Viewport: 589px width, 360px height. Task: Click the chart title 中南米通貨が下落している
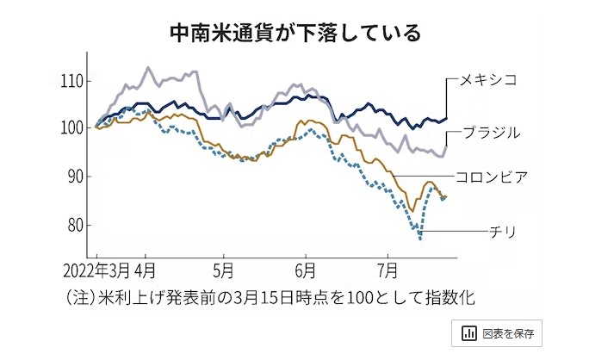(294, 33)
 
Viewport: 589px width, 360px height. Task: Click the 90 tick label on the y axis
(73, 177)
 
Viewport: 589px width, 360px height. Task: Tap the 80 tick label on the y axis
(73, 226)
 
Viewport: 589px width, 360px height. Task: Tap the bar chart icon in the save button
(469, 333)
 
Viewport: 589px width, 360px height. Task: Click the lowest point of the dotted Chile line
(420, 239)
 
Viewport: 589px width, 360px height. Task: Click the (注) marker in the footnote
(82, 297)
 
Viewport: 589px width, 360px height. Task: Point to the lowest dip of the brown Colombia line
(412, 211)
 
